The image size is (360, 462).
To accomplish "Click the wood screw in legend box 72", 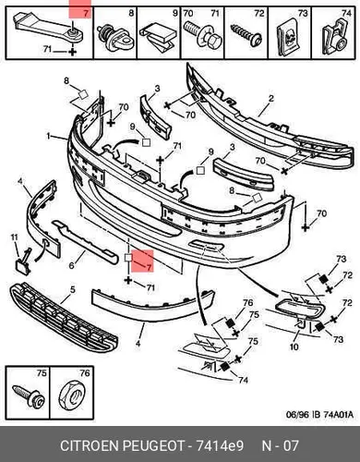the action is click(x=246, y=35).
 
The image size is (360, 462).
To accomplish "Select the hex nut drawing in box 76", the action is click(x=72, y=397).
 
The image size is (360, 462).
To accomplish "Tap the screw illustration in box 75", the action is click(x=29, y=396).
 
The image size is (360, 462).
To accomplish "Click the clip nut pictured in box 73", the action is click(x=289, y=40).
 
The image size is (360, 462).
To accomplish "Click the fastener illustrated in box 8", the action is click(x=114, y=37).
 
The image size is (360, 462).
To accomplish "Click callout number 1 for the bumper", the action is click(x=48, y=136).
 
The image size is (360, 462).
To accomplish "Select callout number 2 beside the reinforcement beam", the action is click(x=270, y=99).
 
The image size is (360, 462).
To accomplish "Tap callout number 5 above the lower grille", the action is click(x=72, y=290).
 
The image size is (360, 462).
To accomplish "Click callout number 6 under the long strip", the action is click(x=71, y=265).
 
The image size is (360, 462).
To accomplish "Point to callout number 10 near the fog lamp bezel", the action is click(x=294, y=346).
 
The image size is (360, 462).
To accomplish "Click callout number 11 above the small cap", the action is click(x=15, y=237).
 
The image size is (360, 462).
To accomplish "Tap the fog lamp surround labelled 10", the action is click(x=299, y=309).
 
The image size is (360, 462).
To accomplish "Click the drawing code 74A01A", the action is click(x=339, y=415).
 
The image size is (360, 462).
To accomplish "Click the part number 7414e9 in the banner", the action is click(x=220, y=446).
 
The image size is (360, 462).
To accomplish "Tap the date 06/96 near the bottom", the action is click(x=297, y=415).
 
